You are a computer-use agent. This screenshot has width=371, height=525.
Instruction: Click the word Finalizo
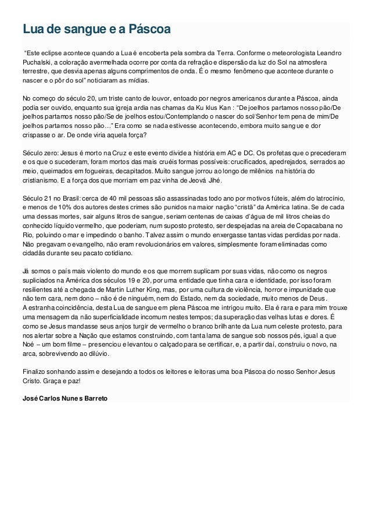pyautogui.click(x=34, y=370)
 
